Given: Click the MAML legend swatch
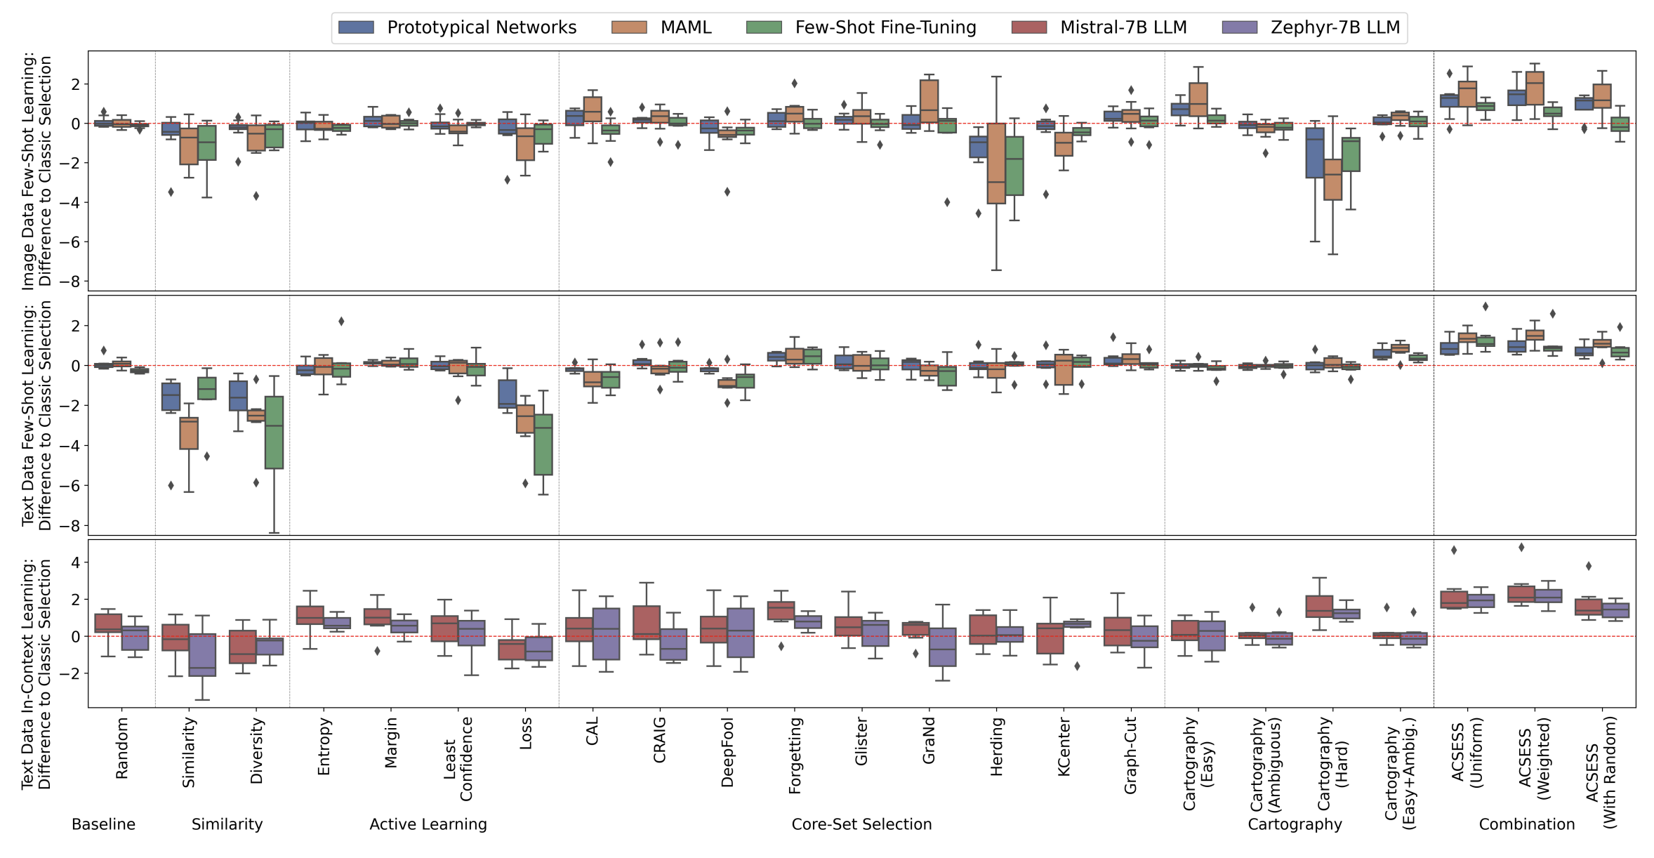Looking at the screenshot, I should tap(628, 27).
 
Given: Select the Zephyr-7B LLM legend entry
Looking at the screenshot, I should tap(1335, 27).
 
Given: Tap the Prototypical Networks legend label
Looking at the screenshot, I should tap(482, 27).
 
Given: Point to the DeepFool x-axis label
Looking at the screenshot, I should tap(727, 751).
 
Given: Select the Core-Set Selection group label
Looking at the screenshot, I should tap(861, 824).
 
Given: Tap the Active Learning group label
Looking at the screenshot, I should tap(428, 824).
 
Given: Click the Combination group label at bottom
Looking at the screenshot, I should tap(1526, 824).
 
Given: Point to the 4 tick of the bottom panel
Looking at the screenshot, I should tap(75, 562).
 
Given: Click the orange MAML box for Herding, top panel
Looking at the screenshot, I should tap(995, 163).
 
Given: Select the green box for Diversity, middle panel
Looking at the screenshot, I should tap(274, 432).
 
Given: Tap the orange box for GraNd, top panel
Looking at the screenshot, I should tap(929, 101).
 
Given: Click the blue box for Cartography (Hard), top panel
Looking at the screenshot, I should tap(1314, 152).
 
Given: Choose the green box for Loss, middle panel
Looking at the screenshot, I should tap(543, 444).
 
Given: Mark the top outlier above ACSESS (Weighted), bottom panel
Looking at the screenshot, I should tap(1521, 548).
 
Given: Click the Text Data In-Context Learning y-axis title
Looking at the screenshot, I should tap(37, 674).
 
